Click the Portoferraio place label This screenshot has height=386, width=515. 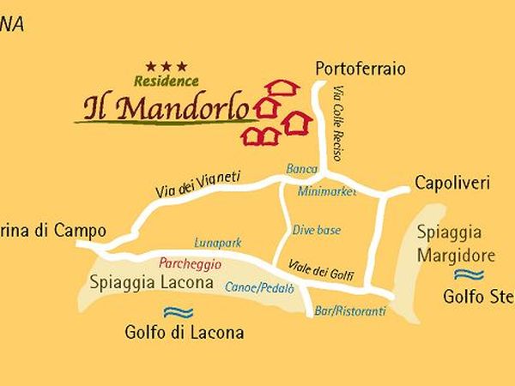tap(360, 69)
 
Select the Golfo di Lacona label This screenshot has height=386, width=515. tap(184, 333)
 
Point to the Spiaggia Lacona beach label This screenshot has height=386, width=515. tap(151, 282)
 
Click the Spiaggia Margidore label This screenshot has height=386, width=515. tap(456, 244)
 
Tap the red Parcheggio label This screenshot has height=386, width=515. tap(190, 264)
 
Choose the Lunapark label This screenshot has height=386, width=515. tap(218, 244)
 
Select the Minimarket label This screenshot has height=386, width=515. tap(327, 192)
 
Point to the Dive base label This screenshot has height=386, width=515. tap(317, 230)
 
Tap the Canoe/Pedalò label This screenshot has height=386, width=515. tap(258, 287)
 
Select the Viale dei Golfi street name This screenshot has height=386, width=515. tap(321, 271)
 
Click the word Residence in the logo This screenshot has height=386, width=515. tap(166, 81)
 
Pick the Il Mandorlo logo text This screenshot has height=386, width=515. tap(167, 108)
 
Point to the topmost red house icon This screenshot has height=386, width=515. tap(282, 87)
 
